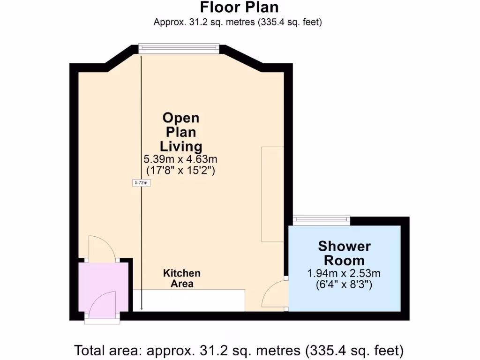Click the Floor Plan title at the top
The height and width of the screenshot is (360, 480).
(x=239, y=7)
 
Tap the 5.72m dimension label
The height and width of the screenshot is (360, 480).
(x=141, y=183)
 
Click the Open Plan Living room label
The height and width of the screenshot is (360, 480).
(x=180, y=131)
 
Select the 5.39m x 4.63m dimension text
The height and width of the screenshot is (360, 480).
(x=180, y=159)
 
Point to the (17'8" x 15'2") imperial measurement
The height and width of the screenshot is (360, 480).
(x=180, y=170)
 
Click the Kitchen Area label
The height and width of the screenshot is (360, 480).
(x=181, y=278)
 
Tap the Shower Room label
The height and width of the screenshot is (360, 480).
(x=344, y=253)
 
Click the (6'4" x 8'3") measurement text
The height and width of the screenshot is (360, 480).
(x=344, y=285)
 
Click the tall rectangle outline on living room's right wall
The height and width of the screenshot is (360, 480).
(x=272, y=194)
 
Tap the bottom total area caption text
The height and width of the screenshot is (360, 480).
(x=239, y=350)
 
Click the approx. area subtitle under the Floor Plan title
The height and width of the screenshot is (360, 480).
(x=238, y=22)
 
